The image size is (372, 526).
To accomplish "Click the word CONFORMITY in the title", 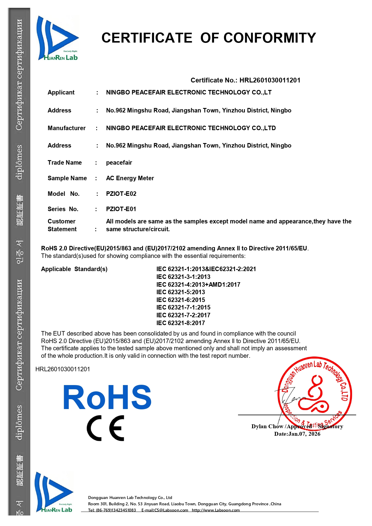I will (x=269, y=38).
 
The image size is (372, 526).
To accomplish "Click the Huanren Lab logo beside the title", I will (x=58, y=38).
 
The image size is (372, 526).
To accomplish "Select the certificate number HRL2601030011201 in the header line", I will (x=270, y=80).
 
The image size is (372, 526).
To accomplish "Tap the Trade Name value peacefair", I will (x=119, y=163).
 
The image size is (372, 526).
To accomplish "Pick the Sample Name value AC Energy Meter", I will (x=130, y=178).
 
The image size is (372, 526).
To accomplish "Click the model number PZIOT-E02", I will (x=121, y=194).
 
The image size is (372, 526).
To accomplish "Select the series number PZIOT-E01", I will (x=121, y=209).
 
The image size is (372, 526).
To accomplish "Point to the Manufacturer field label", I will (x=67, y=128).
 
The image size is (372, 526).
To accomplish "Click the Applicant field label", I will (x=61, y=92).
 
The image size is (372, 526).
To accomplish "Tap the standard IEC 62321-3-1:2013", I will (x=183, y=277).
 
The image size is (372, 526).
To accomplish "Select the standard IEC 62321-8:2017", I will (x=180, y=323).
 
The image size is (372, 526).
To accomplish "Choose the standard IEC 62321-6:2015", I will (x=180, y=300).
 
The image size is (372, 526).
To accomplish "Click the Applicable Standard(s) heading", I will (x=74, y=269).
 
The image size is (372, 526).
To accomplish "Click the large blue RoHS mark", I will (x=107, y=397).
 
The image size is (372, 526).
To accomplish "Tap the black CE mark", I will (x=106, y=428).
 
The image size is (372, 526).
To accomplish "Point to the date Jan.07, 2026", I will (x=304, y=434).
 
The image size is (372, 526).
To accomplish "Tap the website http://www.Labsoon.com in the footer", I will (x=216, y=510).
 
